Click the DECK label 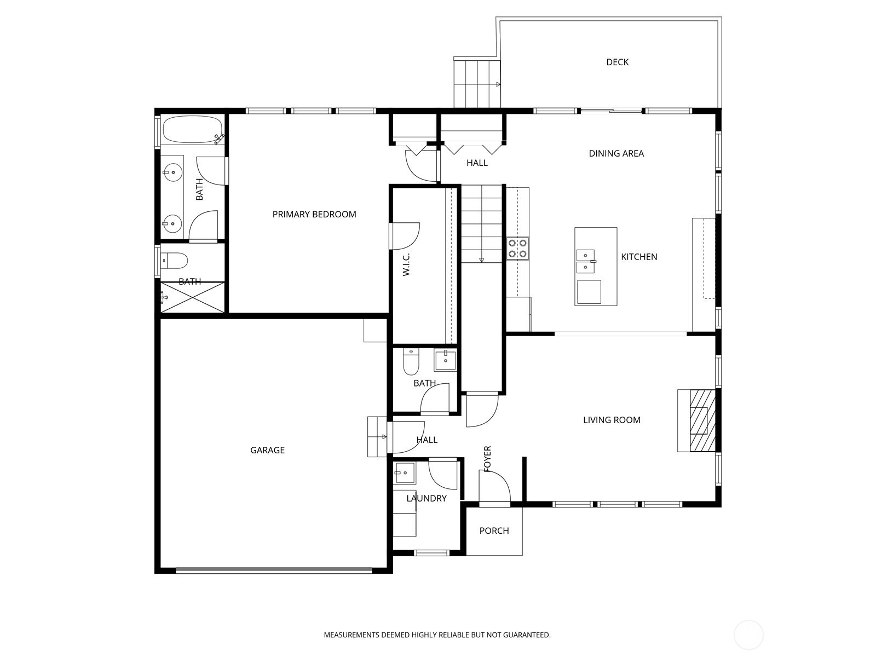(617, 62)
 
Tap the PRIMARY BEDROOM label (314, 215)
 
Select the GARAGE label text (267, 451)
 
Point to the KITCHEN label (639, 257)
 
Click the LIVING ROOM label (612, 420)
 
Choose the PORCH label (494, 531)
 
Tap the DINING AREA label (616, 154)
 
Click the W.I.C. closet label (406, 264)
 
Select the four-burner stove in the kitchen (517, 249)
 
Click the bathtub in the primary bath (193, 129)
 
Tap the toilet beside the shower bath (175, 261)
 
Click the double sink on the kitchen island (585, 261)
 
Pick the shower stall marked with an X (192, 298)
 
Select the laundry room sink (404, 472)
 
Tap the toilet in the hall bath (411, 362)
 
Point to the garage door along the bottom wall (274, 571)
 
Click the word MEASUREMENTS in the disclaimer (351, 635)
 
